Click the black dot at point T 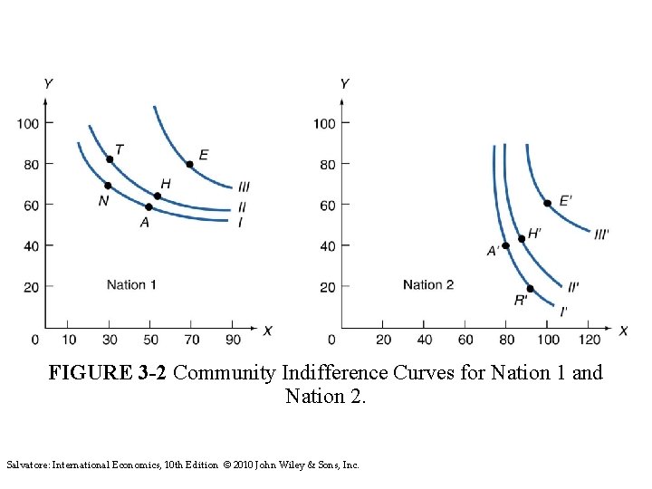[110, 159]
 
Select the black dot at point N [108, 186]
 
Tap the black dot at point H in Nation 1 [157, 196]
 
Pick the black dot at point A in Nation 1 [149, 207]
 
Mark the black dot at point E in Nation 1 [189, 164]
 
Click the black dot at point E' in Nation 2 [547, 203]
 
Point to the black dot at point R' [530, 289]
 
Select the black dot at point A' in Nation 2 [506, 245]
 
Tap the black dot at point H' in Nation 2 [522, 239]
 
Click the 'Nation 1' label [131, 284]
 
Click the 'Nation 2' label [428, 284]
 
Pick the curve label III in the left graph [244, 187]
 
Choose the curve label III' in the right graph [602, 233]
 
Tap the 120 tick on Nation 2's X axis [589, 339]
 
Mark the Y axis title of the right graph [344, 84]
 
